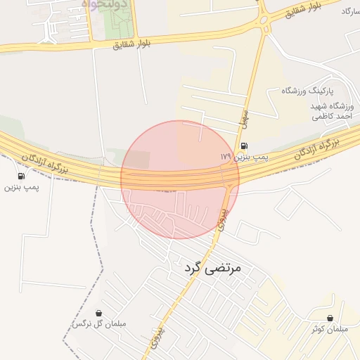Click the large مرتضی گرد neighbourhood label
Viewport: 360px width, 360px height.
click(x=212, y=268)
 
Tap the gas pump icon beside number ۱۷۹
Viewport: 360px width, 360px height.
click(x=243, y=146)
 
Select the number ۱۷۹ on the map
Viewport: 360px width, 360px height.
click(x=225, y=156)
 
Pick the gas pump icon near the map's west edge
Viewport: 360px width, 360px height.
click(x=21, y=176)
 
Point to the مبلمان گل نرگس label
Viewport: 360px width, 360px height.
click(x=98, y=324)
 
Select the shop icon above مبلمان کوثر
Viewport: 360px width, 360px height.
click(x=330, y=318)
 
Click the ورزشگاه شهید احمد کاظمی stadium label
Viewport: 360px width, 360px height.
click(x=333, y=111)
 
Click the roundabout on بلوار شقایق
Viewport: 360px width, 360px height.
click(x=264, y=20)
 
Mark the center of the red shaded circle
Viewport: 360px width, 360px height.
click(x=180, y=179)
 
